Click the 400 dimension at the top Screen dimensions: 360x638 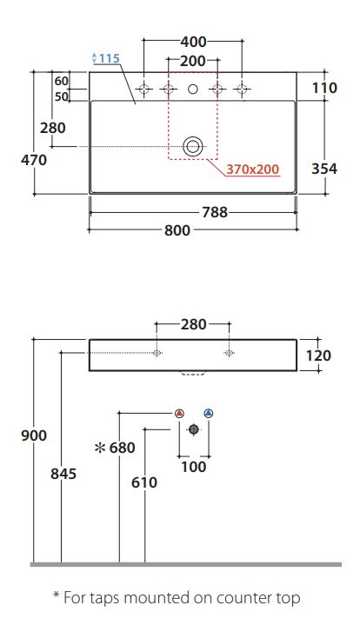(193, 42)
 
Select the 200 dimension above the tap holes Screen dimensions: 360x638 (193, 61)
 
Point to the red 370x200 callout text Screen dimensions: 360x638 (253, 169)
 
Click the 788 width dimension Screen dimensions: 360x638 (215, 212)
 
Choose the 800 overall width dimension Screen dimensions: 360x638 (177, 230)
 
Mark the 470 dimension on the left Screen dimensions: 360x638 (34, 160)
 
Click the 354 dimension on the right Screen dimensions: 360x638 (324, 169)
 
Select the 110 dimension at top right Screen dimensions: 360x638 (324, 88)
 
